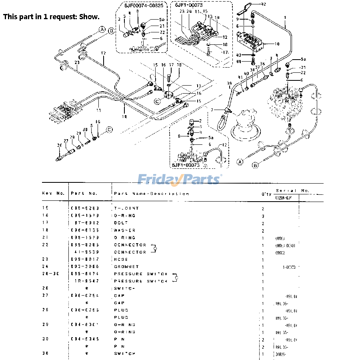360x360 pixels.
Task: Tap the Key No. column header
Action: click(53, 193)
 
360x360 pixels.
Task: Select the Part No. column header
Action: click(84, 193)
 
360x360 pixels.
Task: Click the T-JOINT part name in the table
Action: click(126, 208)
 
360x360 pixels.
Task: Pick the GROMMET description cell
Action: click(126, 266)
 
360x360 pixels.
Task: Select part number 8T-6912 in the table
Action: click(86, 223)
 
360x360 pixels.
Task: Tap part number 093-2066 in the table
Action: click(85, 266)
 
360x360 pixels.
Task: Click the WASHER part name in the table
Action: click(125, 230)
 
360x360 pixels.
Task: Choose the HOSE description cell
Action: click(121, 259)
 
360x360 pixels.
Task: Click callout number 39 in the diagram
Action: click(230, 83)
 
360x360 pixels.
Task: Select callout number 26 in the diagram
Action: click(60, 145)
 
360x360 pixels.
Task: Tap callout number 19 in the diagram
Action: click(124, 117)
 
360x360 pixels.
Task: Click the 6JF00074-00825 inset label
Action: click(143, 5)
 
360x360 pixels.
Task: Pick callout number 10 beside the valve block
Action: click(277, 44)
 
